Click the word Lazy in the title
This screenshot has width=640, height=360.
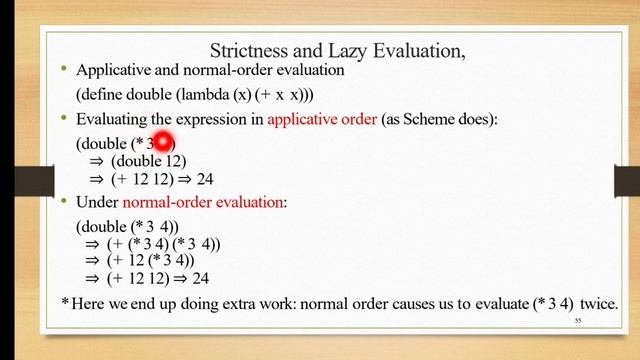click(363, 49)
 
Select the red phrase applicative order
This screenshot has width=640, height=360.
click(322, 120)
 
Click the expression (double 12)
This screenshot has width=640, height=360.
click(149, 161)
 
